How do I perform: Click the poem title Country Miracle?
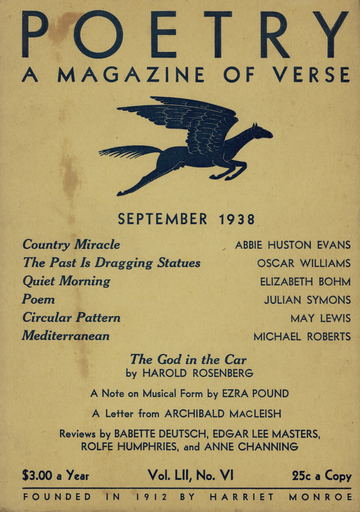(x=71, y=244)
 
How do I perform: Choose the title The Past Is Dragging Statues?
(x=111, y=263)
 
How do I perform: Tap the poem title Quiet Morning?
(x=66, y=281)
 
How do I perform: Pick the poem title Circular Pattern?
(x=71, y=318)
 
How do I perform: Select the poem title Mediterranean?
(x=66, y=336)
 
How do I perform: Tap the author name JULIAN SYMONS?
(x=307, y=300)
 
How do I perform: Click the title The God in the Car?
(x=180, y=358)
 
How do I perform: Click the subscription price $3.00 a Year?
(x=56, y=476)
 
